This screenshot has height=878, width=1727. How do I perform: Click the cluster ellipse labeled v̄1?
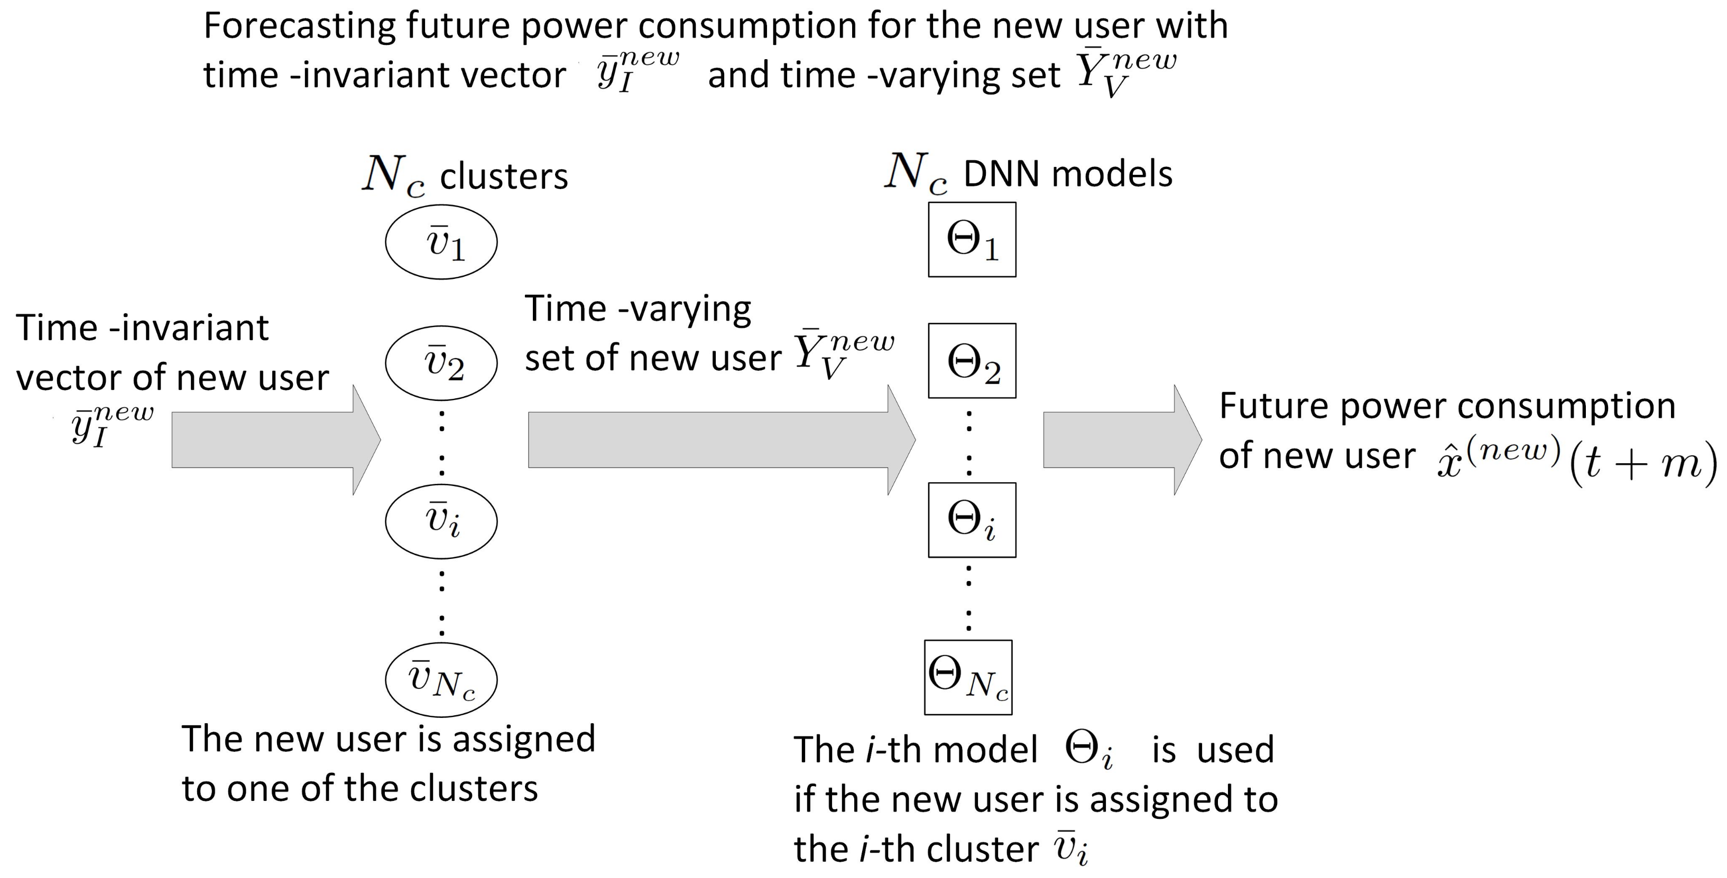tap(441, 242)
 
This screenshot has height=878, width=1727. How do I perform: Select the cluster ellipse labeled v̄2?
tap(441, 362)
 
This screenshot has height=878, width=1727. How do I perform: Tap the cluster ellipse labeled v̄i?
tap(441, 521)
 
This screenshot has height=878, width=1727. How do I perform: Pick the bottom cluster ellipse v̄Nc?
tap(441, 679)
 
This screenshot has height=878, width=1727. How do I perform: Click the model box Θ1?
tap(972, 239)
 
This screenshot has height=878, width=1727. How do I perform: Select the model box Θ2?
tap(972, 361)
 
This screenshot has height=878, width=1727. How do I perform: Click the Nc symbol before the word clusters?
tap(393, 175)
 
